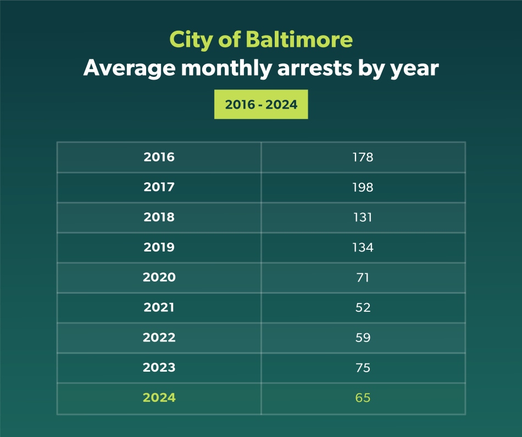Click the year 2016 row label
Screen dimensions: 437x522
159,158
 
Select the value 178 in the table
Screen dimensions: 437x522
363,158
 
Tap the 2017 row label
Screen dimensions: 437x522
159,187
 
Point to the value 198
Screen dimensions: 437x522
363,187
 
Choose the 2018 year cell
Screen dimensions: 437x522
159,217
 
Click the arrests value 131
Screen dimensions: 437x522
363,217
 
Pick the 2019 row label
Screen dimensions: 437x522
159,248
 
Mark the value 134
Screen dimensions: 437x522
363,248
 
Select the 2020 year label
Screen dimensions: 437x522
159,277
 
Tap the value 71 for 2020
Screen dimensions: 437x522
363,277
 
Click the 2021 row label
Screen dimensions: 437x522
159,307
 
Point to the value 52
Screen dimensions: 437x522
363,307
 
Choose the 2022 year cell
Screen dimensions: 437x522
159,338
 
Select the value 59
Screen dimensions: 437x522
363,338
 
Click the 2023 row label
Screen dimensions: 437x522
159,367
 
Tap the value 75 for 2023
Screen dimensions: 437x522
363,367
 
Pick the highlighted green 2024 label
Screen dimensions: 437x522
159,397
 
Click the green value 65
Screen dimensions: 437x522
363,397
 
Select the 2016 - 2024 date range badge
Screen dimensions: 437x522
261,104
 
